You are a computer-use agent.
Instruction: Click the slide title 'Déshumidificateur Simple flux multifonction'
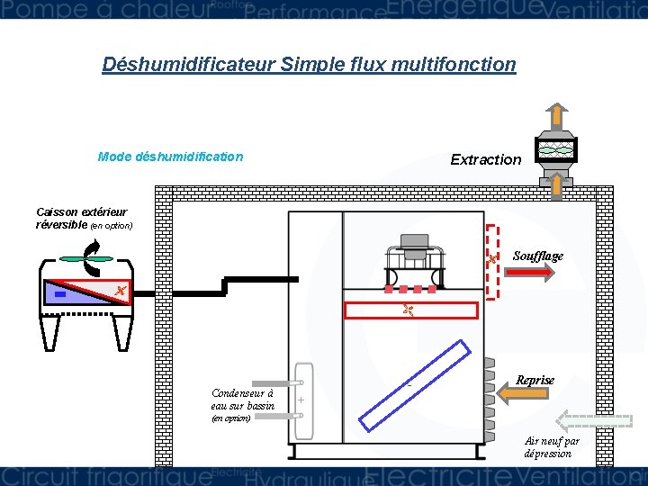[x=309, y=65]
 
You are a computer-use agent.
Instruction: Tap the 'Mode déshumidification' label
[x=170, y=157]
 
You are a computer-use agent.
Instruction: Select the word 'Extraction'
[x=485, y=159]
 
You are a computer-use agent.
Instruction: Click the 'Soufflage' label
[x=537, y=256]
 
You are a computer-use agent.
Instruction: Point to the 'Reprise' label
[x=535, y=380]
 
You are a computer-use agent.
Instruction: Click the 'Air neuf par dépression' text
[x=552, y=446]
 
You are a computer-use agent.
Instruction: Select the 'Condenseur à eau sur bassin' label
[x=242, y=400]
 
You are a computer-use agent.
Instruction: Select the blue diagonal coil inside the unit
[x=413, y=383]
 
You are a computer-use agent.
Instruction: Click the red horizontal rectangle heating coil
[x=411, y=310]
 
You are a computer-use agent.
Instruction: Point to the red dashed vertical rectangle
[x=492, y=261]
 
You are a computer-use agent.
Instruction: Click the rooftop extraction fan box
[x=555, y=150]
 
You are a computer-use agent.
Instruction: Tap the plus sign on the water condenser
[x=301, y=400]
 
